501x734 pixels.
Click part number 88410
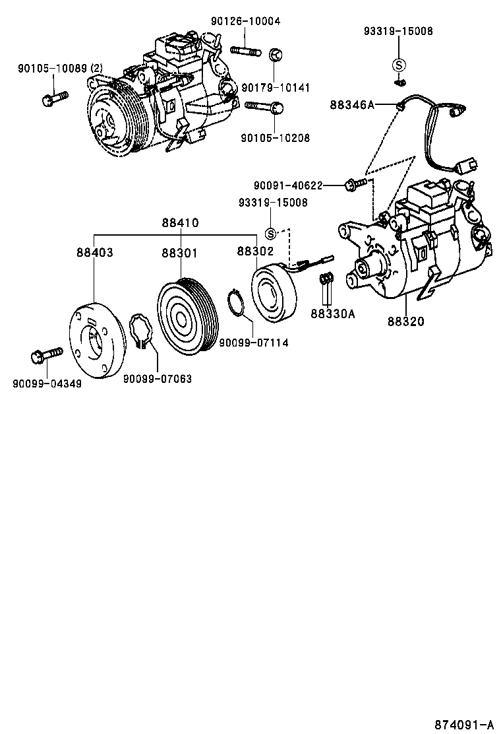pyautogui.click(x=180, y=223)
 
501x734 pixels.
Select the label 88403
pyautogui.click(x=94, y=252)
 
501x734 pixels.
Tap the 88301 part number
pyautogui.click(x=180, y=252)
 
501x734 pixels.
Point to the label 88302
pyautogui.click(x=255, y=252)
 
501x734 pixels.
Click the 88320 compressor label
pyautogui.click(x=406, y=321)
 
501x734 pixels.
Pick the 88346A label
pyautogui.click(x=352, y=104)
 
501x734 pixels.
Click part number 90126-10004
pyautogui.click(x=245, y=21)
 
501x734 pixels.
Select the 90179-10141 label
pyautogui.click(x=275, y=87)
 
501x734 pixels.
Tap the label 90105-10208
pyautogui.click(x=275, y=138)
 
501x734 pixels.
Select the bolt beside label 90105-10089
pyautogui.click(x=53, y=99)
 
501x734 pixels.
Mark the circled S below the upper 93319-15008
pyautogui.click(x=399, y=64)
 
